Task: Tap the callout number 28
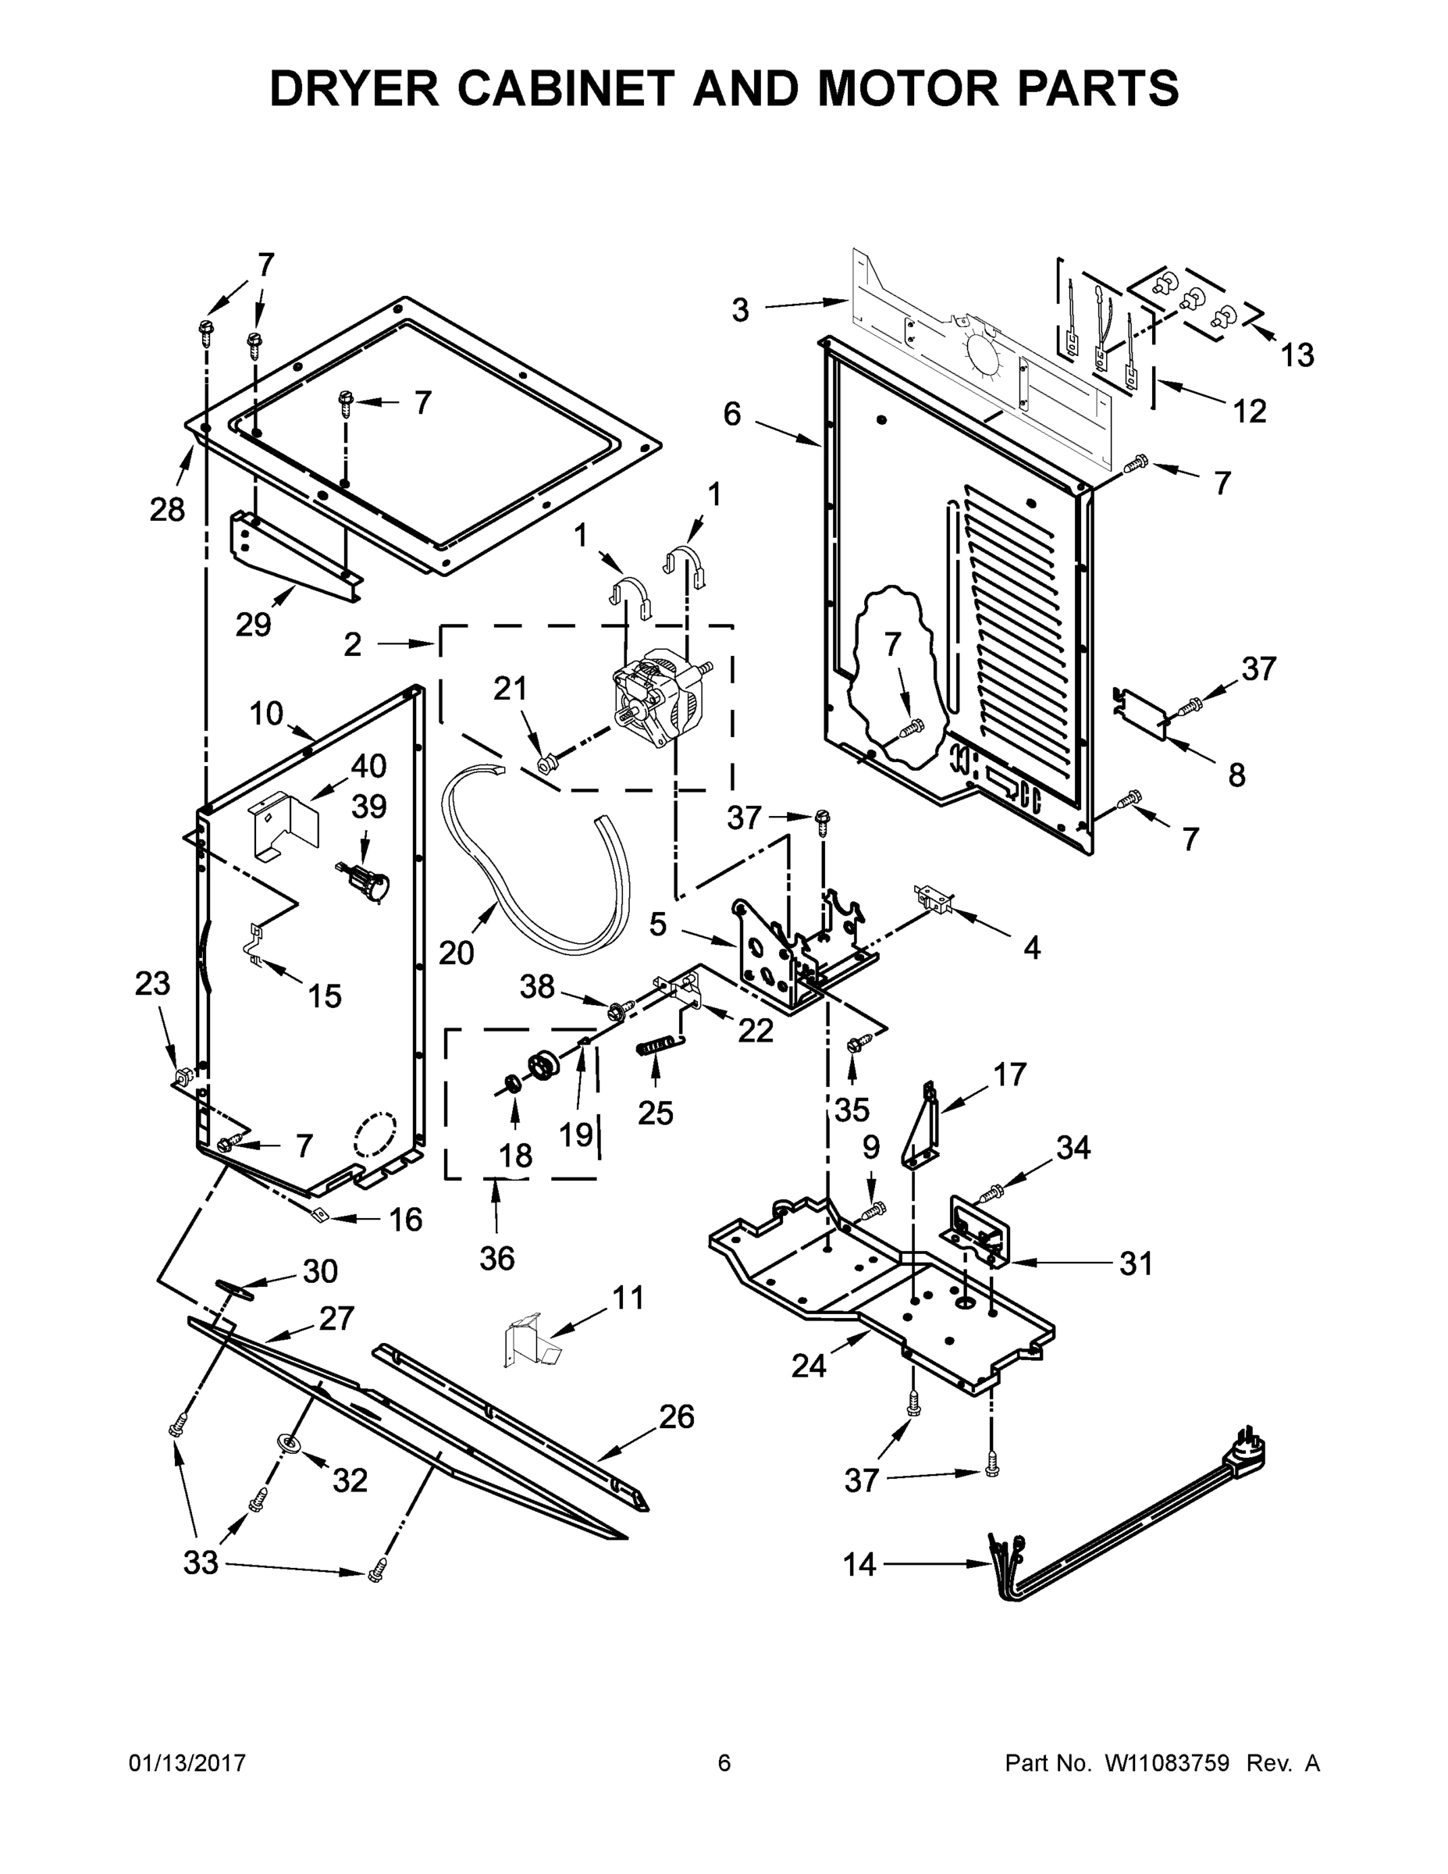[167, 510]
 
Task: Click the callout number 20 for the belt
[457, 953]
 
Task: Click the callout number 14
[859, 1565]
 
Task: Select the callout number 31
[1136, 1263]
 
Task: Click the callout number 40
[368, 765]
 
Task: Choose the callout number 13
[1297, 354]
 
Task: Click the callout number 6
[731, 415]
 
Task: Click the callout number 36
[496, 1259]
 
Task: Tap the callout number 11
[628, 1299]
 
